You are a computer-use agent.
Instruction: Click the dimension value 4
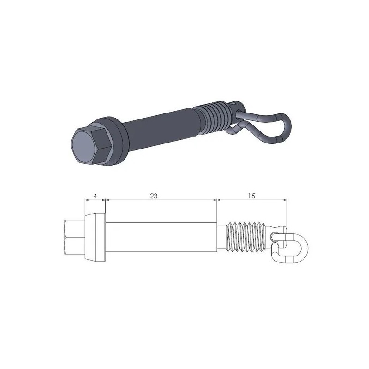pos(95,196)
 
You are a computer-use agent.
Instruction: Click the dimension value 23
pos(154,196)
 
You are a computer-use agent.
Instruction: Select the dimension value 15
pos(251,196)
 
